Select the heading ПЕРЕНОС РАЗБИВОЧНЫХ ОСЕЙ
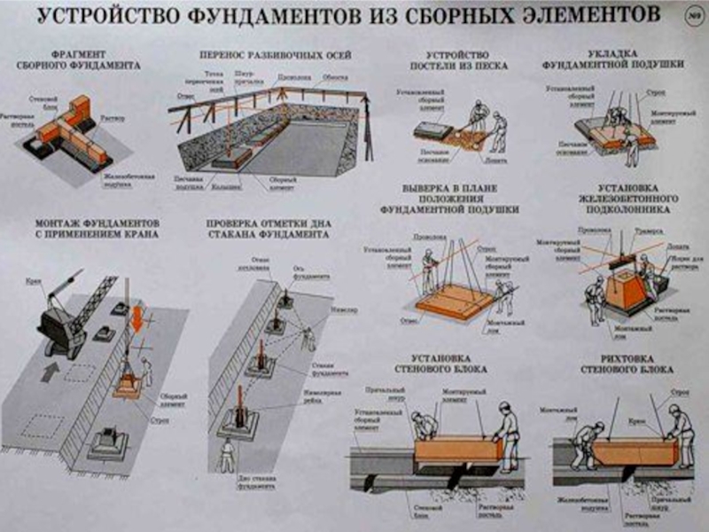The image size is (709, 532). (x=276, y=56)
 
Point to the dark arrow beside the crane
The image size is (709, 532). (x=50, y=369)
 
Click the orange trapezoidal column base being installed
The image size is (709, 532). (x=626, y=289)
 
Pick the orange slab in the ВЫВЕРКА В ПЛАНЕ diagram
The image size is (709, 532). (x=453, y=301)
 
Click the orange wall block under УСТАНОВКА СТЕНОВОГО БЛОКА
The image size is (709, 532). (x=457, y=448)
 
